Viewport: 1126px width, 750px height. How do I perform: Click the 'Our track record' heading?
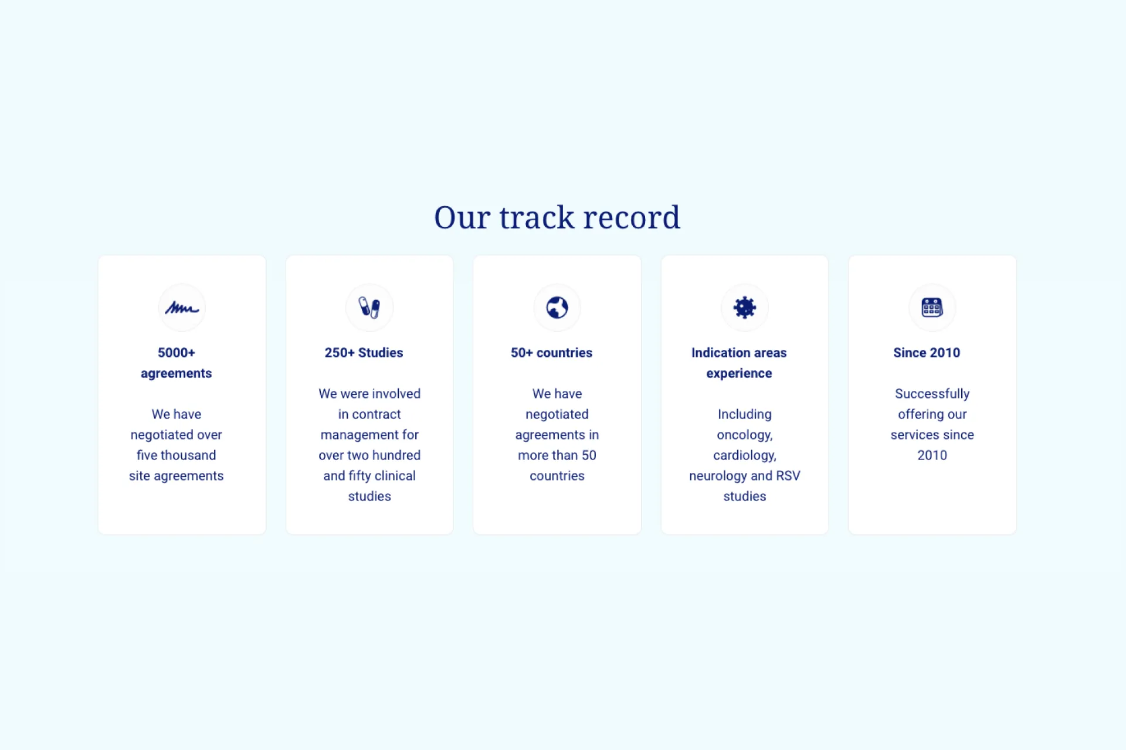pos(557,217)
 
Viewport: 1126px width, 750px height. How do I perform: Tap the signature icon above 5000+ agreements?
pos(182,308)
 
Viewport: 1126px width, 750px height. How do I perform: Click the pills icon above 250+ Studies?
pos(369,308)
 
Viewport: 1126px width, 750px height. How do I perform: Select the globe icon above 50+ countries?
pos(557,308)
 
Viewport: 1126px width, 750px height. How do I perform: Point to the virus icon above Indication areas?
pos(745,308)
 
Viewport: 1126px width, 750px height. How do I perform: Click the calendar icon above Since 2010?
pos(932,308)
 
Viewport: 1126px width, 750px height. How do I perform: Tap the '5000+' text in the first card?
pos(177,353)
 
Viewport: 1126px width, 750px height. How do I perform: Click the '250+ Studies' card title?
pos(364,353)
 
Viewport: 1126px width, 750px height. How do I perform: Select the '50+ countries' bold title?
pos(551,353)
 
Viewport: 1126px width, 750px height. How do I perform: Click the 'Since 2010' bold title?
pos(927,353)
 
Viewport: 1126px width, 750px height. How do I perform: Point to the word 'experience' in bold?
pos(739,374)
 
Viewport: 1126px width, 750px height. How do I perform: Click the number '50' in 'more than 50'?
pos(589,455)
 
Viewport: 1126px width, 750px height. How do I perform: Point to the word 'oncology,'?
pos(745,435)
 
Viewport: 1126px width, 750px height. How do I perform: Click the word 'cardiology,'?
pos(745,455)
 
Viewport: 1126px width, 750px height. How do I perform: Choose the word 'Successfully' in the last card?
pos(932,394)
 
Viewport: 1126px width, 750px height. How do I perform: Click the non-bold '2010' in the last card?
pos(932,455)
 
